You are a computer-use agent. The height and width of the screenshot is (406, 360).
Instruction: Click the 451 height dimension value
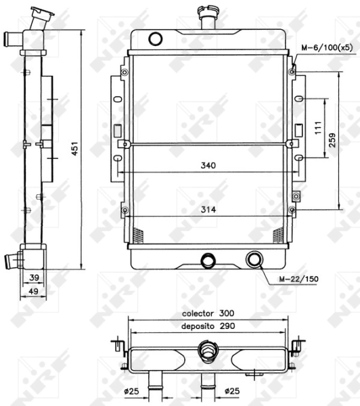(x=74, y=148)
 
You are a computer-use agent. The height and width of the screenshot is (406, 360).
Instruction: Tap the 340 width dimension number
(x=208, y=165)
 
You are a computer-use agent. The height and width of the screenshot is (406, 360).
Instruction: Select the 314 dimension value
(x=208, y=210)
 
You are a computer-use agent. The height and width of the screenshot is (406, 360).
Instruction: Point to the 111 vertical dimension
(x=318, y=128)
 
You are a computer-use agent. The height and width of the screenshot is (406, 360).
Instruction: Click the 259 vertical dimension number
(x=332, y=140)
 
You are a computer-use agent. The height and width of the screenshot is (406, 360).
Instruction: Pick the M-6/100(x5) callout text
(x=327, y=47)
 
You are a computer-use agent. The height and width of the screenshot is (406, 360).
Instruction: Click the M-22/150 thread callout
(x=299, y=279)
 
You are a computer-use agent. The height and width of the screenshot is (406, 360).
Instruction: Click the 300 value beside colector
(x=227, y=313)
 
